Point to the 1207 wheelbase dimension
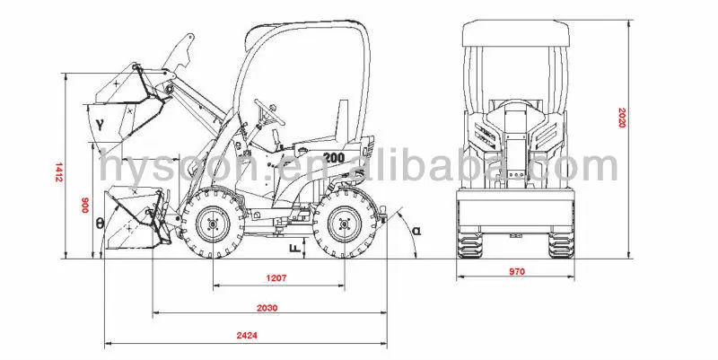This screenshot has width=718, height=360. tap(276, 278)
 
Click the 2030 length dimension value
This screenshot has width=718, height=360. tap(266, 307)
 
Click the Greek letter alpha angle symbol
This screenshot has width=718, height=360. tap(416, 231)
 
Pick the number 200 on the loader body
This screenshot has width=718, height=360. tap(334, 157)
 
